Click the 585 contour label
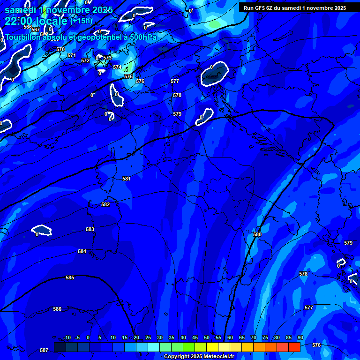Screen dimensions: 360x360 (70, 277)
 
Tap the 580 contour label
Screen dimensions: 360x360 (257, 234)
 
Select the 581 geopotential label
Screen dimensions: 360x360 (126, 179)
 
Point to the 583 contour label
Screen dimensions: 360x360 (90, 229)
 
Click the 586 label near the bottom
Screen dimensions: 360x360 (57, 309)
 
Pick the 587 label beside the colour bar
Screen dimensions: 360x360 (44, 350)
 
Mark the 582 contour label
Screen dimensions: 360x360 (105, 204)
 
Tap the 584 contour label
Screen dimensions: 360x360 (82, 251)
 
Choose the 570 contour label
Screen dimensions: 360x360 (60, 49)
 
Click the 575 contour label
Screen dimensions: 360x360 (128, 76)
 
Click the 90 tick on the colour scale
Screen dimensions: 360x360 (300, 337)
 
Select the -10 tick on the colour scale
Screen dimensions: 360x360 (67, 337)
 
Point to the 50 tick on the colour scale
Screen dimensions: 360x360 (207, 337)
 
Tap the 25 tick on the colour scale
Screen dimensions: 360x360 (148, 337)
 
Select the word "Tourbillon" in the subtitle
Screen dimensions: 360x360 (23, 37)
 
